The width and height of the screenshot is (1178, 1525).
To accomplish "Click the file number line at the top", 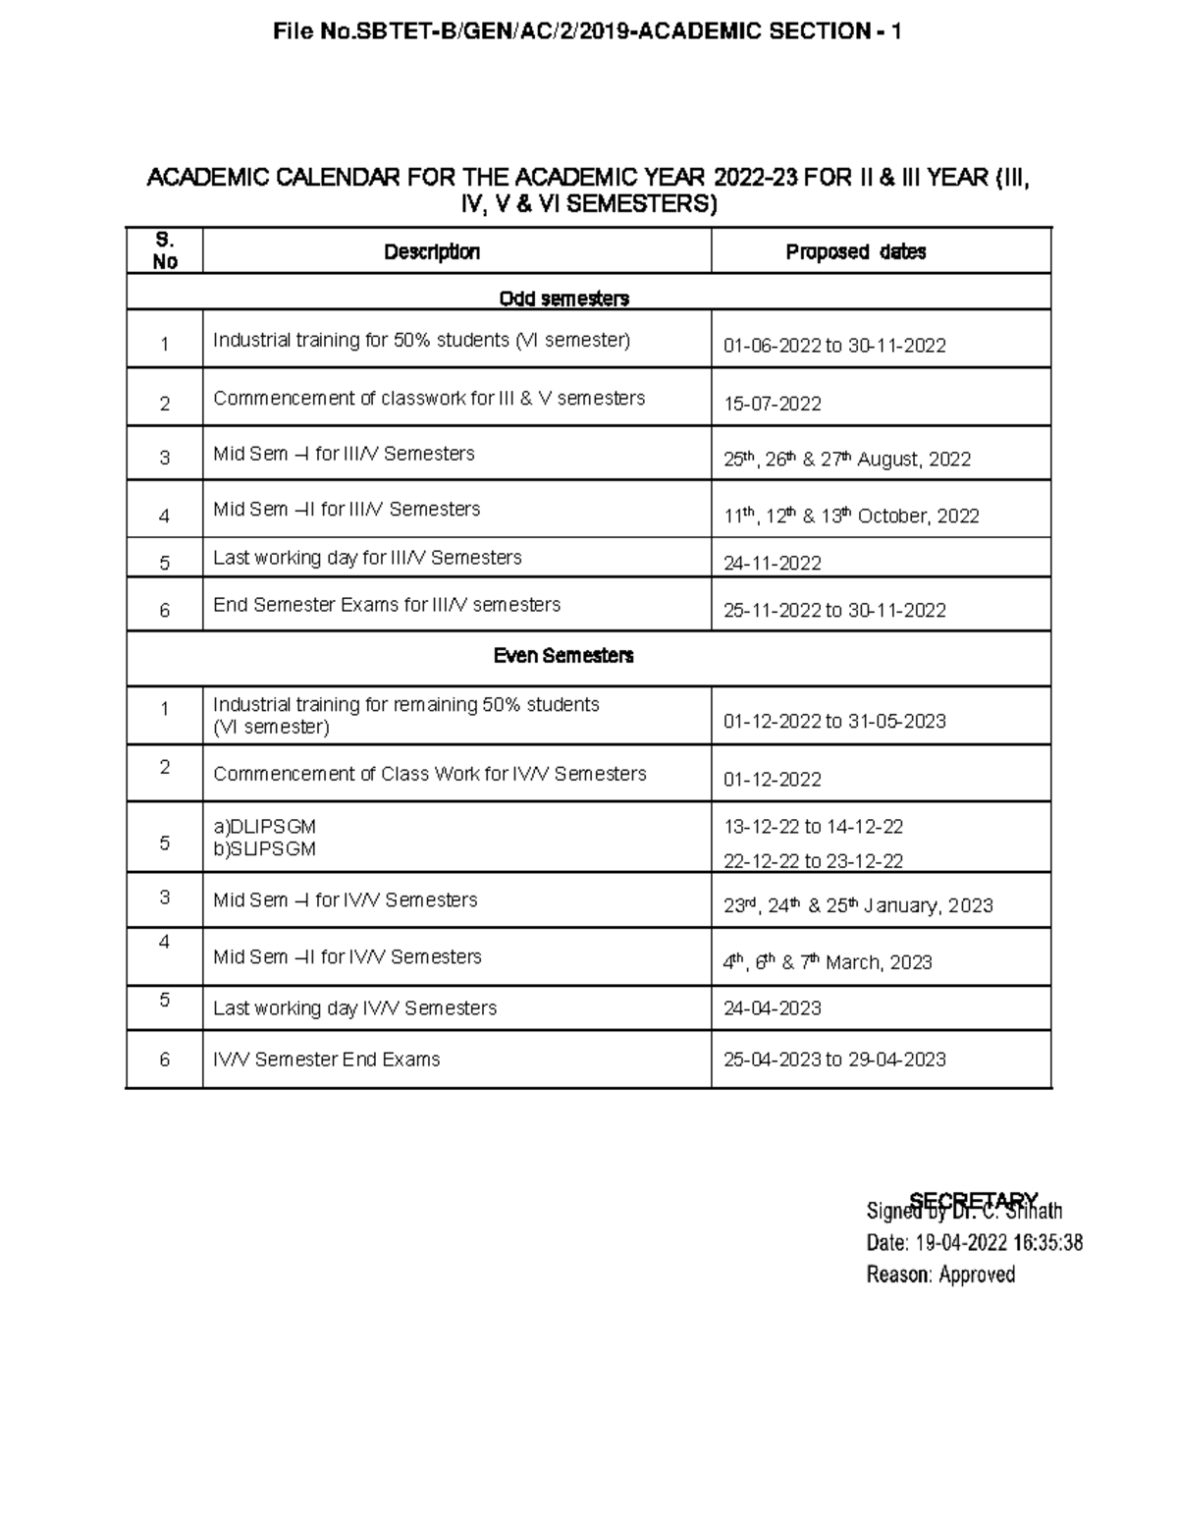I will (x=588, y=32).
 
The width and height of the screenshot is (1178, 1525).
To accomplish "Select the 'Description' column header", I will (x=432, y=252).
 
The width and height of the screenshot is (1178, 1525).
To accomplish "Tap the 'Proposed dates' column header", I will (x=855, y=252).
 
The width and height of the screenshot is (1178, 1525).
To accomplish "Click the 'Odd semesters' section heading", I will (x=563, y=299).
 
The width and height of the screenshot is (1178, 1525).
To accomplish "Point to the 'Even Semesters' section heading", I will (x=563, y=656).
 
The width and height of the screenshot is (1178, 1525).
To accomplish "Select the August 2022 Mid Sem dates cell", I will (x=847, y=459).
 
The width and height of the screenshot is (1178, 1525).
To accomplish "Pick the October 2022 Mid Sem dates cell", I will (x=851, y=516).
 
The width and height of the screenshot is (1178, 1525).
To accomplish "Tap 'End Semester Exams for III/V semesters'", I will (x=387, y=605).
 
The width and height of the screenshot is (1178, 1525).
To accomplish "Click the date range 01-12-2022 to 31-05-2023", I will (x=834, y=722).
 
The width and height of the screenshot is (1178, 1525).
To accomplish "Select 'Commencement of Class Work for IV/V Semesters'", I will (x=430, y=774).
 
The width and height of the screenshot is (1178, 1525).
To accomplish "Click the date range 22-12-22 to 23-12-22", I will (x=813, y=861).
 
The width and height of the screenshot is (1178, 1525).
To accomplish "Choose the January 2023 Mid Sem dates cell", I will (x=858, y=905).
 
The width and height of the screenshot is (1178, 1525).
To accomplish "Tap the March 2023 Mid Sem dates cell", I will (x=828, y=962).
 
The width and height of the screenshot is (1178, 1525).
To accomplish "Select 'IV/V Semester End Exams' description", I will (x=327, y=1060).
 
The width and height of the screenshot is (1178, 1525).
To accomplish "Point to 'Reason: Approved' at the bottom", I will (x=940, y=1275).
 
